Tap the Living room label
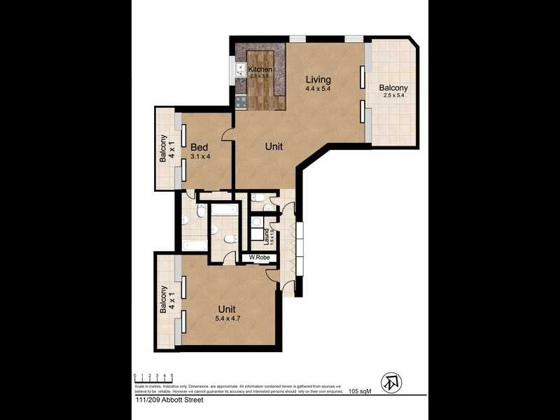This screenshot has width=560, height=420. coord(318,79)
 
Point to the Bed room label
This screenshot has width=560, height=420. coord(199,147)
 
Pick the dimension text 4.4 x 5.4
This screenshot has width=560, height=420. coord(318,89)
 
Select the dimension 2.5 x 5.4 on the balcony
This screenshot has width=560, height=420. coord(393,96)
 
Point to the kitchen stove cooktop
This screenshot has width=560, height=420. coord(241,101)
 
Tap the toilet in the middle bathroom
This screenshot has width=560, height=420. coord(230,240)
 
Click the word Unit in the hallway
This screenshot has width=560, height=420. coord(274,147)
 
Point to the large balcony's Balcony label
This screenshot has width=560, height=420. coord(393,88)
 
